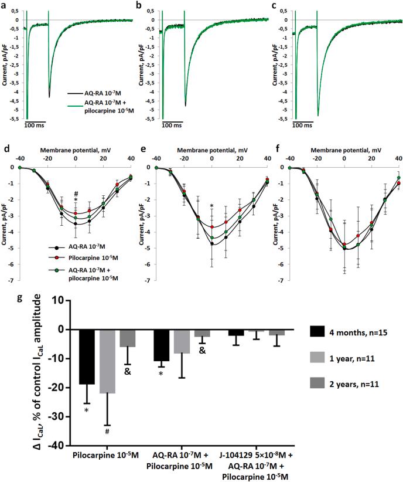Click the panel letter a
pos(5,5)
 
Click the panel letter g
pos(5,298)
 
